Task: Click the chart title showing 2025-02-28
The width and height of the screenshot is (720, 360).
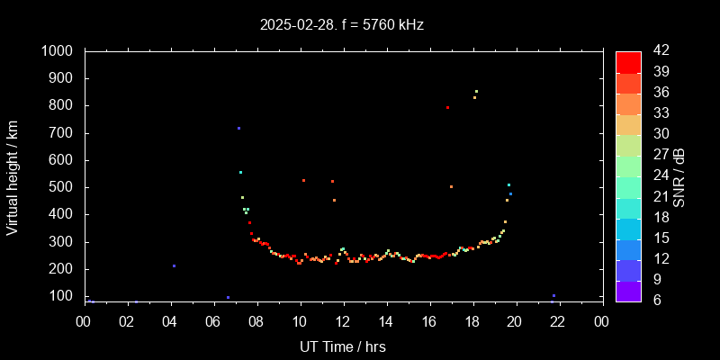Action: pyautogui.click(x=342, y=25)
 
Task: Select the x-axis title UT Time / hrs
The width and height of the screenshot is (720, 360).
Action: pyautogui.click(x=342, y=346)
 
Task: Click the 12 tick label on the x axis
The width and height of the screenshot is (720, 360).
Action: pyautogui.click(x=342, y=321)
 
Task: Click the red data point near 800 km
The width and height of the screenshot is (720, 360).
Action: pyautogui.click(x=447, y=107)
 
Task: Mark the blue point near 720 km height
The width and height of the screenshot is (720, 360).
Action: pyautogui.click(x=238, y=128)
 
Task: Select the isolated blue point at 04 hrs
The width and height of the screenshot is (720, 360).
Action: pyautogui.click(x=174, y=265)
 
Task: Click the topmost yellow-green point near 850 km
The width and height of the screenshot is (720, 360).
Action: pyautogui.click(x=476, y=91)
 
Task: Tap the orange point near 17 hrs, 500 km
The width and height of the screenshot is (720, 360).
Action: pyautogui.click(x=451, y=186)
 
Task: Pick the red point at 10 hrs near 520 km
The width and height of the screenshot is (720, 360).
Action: pyautogui.click(x=303, y=180)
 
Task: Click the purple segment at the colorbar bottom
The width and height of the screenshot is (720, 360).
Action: pyautogui.click(x=628, y=290)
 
